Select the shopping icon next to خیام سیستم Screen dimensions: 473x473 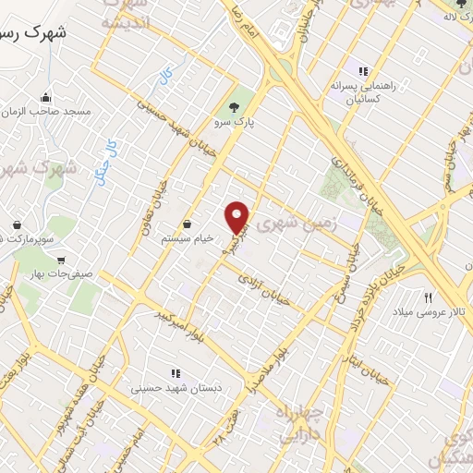click(188, 224)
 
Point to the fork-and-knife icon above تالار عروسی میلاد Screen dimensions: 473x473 click(428, 297)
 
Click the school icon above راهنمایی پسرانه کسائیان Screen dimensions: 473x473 click(364, 71)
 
